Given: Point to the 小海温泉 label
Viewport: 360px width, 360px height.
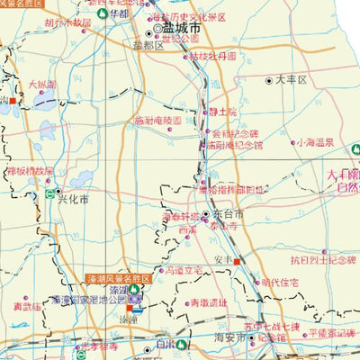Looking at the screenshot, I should pyautogui.click(x=315, y=142).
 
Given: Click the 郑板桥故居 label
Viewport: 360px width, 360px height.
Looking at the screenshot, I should pyautogui.click(x=30, y=169).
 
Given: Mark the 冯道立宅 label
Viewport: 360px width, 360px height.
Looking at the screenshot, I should pyautogui.click(x=181, y=269).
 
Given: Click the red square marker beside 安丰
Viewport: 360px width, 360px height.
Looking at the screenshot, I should pyautogui.click(x=237, y=261).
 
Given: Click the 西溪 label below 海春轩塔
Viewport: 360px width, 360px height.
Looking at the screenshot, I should pyautogui.click(x=187, y=230).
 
